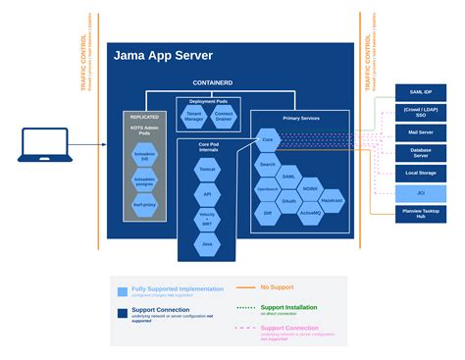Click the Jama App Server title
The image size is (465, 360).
click(x=163, y=56)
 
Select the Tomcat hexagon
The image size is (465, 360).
click(x=208, y=170)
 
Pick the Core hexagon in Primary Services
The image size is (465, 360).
click(x=267, y=141)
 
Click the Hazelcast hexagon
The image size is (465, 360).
click(x=333, y=199)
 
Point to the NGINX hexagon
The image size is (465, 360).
click(x=311, y=186)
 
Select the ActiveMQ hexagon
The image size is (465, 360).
click(x=311, y=212)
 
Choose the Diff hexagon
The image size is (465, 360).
click(x=268, y=212)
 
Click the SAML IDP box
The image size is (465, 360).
click(x=421, y=91)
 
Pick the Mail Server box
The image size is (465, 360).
click(x=421, y=131)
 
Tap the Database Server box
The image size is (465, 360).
click(x=421, y=152)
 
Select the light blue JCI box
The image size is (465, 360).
click(x=421, y=192)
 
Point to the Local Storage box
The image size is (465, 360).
click(x=421, y=173)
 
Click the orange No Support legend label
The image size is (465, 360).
click(x=279, y=286)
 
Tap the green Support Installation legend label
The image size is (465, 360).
click(x=288, y=306)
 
